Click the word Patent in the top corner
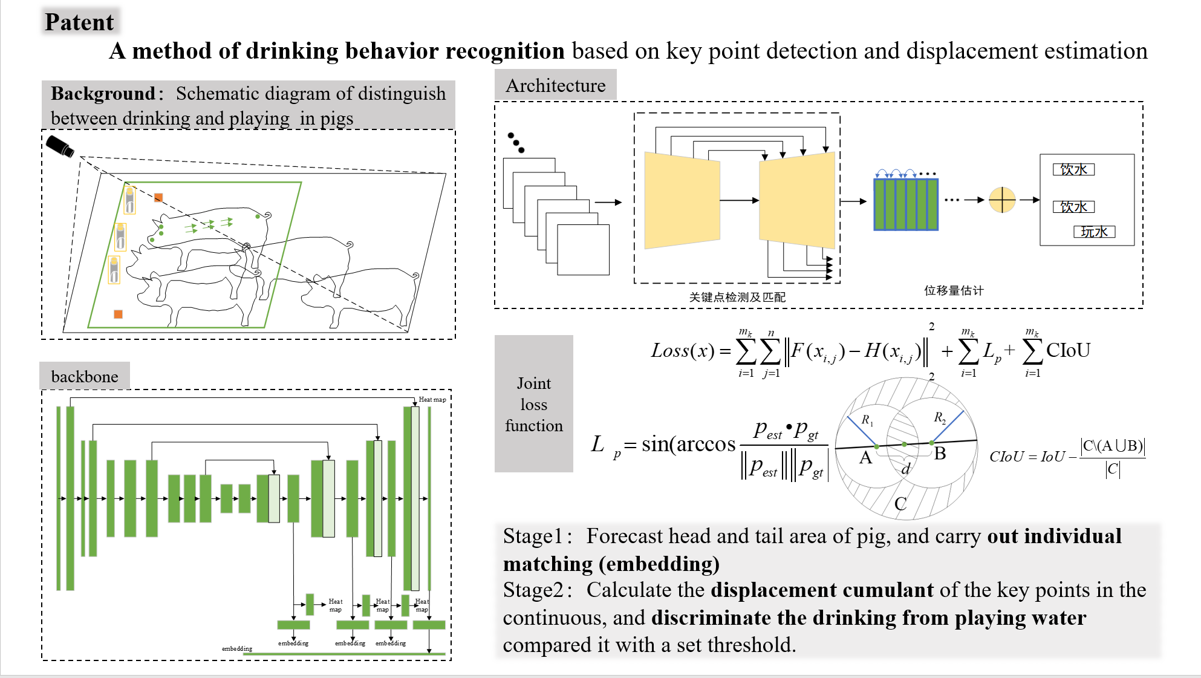(x=79, y=22)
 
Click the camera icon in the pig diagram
(x=60, y=146)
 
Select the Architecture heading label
(x=555, y=86)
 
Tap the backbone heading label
(x=85, y=377)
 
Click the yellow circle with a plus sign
(x=1002, y=200)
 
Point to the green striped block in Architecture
(x=905, y=204)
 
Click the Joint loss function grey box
(x=533, y=404)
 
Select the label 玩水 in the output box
(x=1094, y=232)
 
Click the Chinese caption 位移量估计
(x=954, y=290)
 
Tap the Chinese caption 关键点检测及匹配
(x=737, y=297)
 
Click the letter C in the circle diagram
(x=900, y=504)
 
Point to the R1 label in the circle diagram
(x=867, y=420)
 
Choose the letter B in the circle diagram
(x=940, y=454)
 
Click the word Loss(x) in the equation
(x=682, y=351)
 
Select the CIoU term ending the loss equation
(x=1068, y=350)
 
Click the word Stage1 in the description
(x=533, y=536)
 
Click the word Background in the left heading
(x=103, y=94)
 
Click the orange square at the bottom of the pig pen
(x=119, y=314)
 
